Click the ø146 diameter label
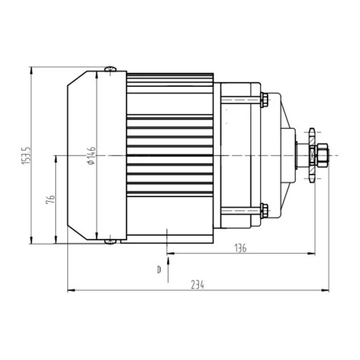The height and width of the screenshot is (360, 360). [x=91, y=155]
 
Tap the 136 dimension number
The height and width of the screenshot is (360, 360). [x=240, y=248]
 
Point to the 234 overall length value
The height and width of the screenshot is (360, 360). [x=197, y=285]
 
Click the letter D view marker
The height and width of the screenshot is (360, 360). [x=159, y=270]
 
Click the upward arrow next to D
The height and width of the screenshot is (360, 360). [x=168, y=261]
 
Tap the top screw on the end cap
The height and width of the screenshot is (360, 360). [x=110, y=68]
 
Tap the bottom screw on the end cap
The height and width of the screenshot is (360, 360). [x=110, y=242]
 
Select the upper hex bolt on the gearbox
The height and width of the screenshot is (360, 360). [x=264, y=99]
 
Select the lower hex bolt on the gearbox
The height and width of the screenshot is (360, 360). [x=264, y=211]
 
